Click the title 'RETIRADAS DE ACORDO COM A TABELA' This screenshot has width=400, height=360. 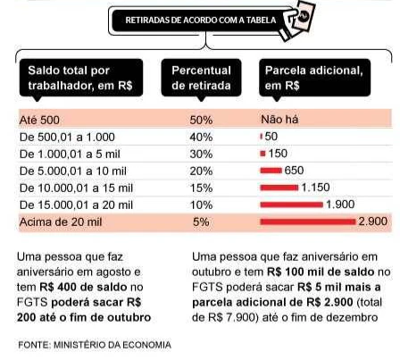201,21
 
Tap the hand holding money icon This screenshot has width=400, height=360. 298,21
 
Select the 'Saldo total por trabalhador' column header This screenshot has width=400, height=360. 80,78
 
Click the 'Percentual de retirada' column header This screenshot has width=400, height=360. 201,78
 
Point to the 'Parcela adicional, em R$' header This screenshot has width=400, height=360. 315,78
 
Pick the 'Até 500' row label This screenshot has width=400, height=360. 39,121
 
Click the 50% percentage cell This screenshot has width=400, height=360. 201,121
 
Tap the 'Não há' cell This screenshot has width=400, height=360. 279,120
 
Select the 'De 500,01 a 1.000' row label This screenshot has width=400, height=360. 67,138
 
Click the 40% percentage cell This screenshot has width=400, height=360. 201,138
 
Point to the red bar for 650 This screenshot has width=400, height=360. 271,171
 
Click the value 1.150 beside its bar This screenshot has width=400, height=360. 315,188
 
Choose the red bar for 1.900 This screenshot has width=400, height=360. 292,205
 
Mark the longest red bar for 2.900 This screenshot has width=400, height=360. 308,222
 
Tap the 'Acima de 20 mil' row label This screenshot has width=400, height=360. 61,222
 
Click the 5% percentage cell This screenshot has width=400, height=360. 201,222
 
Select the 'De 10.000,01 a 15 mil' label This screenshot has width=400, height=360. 76,188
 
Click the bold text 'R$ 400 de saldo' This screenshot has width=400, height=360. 83,287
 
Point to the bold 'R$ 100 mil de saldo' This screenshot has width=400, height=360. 321,272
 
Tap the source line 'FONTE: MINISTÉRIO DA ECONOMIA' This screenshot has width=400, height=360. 95,345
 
